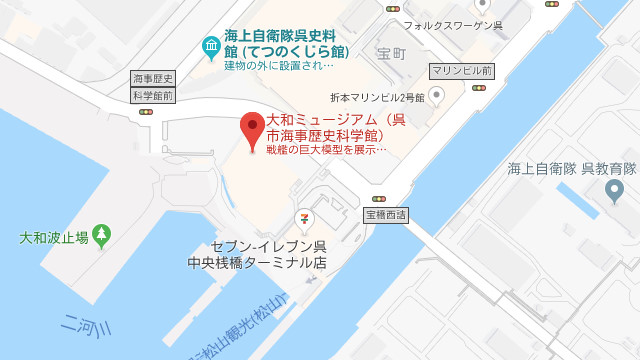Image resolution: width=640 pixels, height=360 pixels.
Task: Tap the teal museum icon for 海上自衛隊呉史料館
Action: pyautogui.click(x=211, y=46)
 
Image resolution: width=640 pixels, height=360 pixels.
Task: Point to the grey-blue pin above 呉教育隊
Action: pyautogui.click(x=614, y=189)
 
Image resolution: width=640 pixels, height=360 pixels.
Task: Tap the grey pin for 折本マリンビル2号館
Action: pyautogui.click(x=436, y=95)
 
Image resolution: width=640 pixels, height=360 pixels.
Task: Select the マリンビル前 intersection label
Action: pyautogui.click(x=461, y=71)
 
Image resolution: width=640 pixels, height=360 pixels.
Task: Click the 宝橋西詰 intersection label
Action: pyautogui.click(x=385, y=215)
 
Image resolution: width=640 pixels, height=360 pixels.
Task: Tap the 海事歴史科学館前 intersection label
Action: pyautogui.click(x=153, y=87)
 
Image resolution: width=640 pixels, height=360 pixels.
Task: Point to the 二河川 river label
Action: pyautogui.click(x=86, y=328)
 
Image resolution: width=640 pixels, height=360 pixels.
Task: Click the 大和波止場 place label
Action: pyautogui.click(x=54, y=238)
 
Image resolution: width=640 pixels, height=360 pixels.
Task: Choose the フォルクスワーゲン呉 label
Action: pyautogui.click(x=452, y=25)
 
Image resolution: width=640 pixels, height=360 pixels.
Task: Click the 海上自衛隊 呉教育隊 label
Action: pyautogui.click(x=572, y=168)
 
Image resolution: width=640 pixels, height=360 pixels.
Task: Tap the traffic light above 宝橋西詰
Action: pyautogui.click(x=379, y=199)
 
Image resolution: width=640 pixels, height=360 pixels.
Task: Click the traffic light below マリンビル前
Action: pyautogui.click(x=479, y=87)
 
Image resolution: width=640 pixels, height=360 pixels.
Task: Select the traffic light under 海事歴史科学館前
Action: pyautogui.click(x=146, y=111)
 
